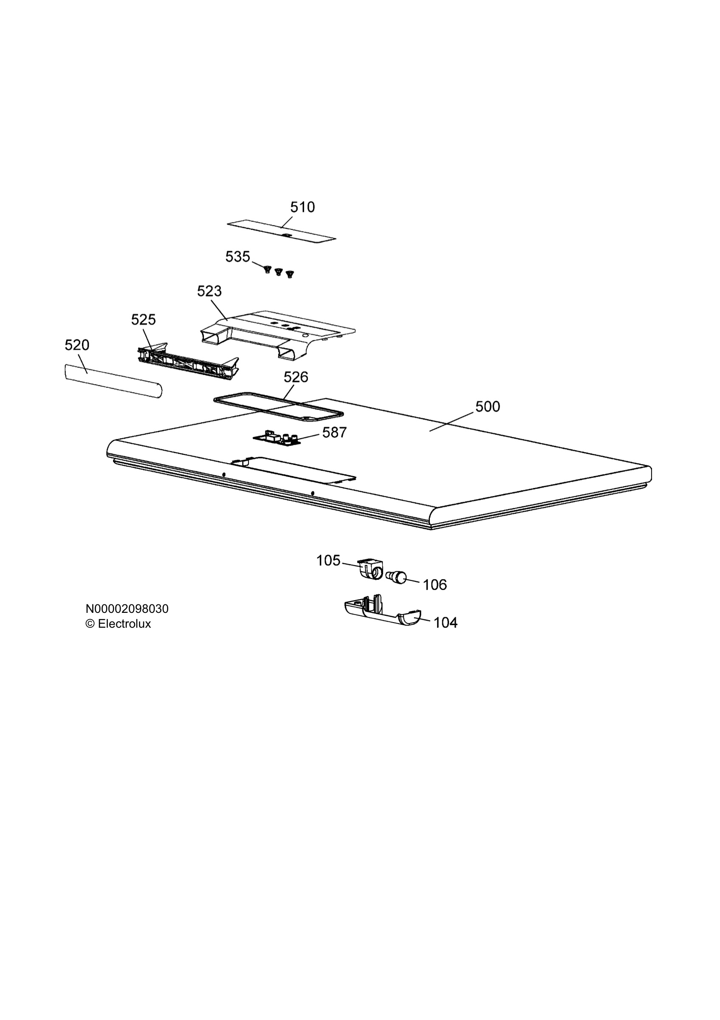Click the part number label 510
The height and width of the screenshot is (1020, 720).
pos(302,207)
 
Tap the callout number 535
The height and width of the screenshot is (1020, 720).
pos(237,257)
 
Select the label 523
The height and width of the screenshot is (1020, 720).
pos(209,291)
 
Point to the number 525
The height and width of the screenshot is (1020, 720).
pos(144,320)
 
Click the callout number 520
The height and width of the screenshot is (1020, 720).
pos(77,345)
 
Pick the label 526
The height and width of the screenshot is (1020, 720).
pos(296,377)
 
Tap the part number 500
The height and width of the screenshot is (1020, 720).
pos(487,406)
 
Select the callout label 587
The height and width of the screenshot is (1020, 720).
pos(334,432)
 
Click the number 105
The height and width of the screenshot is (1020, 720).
pos(328,561)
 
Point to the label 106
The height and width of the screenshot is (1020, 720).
pos(435,585)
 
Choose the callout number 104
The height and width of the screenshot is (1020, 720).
pos(445,623)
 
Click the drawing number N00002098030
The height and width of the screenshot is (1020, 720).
pos(127,609)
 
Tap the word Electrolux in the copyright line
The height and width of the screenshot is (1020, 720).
pos(124,624)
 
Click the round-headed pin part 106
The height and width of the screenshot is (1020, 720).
pos(396,578)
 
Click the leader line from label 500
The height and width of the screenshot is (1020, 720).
pos(451,422)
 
